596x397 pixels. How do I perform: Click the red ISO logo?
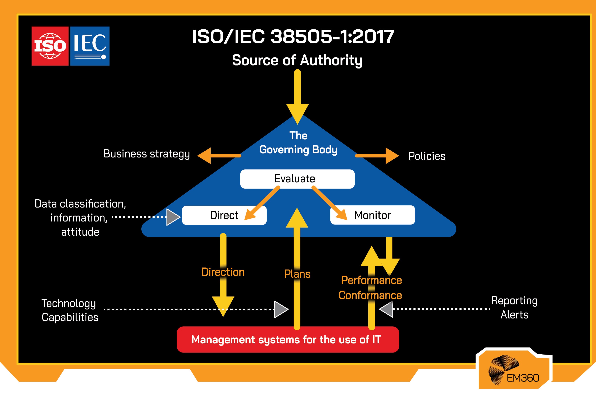coord(50,46)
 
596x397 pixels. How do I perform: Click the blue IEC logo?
coord(90,46)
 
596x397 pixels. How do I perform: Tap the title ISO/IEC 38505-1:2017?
coord(293,37)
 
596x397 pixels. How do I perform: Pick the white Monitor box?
coord(372,215)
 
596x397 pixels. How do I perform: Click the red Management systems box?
coord(288,339)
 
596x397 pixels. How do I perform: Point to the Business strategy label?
coord(146,154)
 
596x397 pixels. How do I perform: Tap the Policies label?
coord(427,156)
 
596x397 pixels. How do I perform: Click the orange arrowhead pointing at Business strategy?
coord(205,156)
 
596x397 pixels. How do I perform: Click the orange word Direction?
coord(223,272)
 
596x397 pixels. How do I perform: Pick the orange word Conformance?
coord(370,295)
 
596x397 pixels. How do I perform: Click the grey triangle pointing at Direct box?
coord(172,217)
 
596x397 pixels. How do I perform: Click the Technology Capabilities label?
coord(70,310)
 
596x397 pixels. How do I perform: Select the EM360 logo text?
coord(523,378)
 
